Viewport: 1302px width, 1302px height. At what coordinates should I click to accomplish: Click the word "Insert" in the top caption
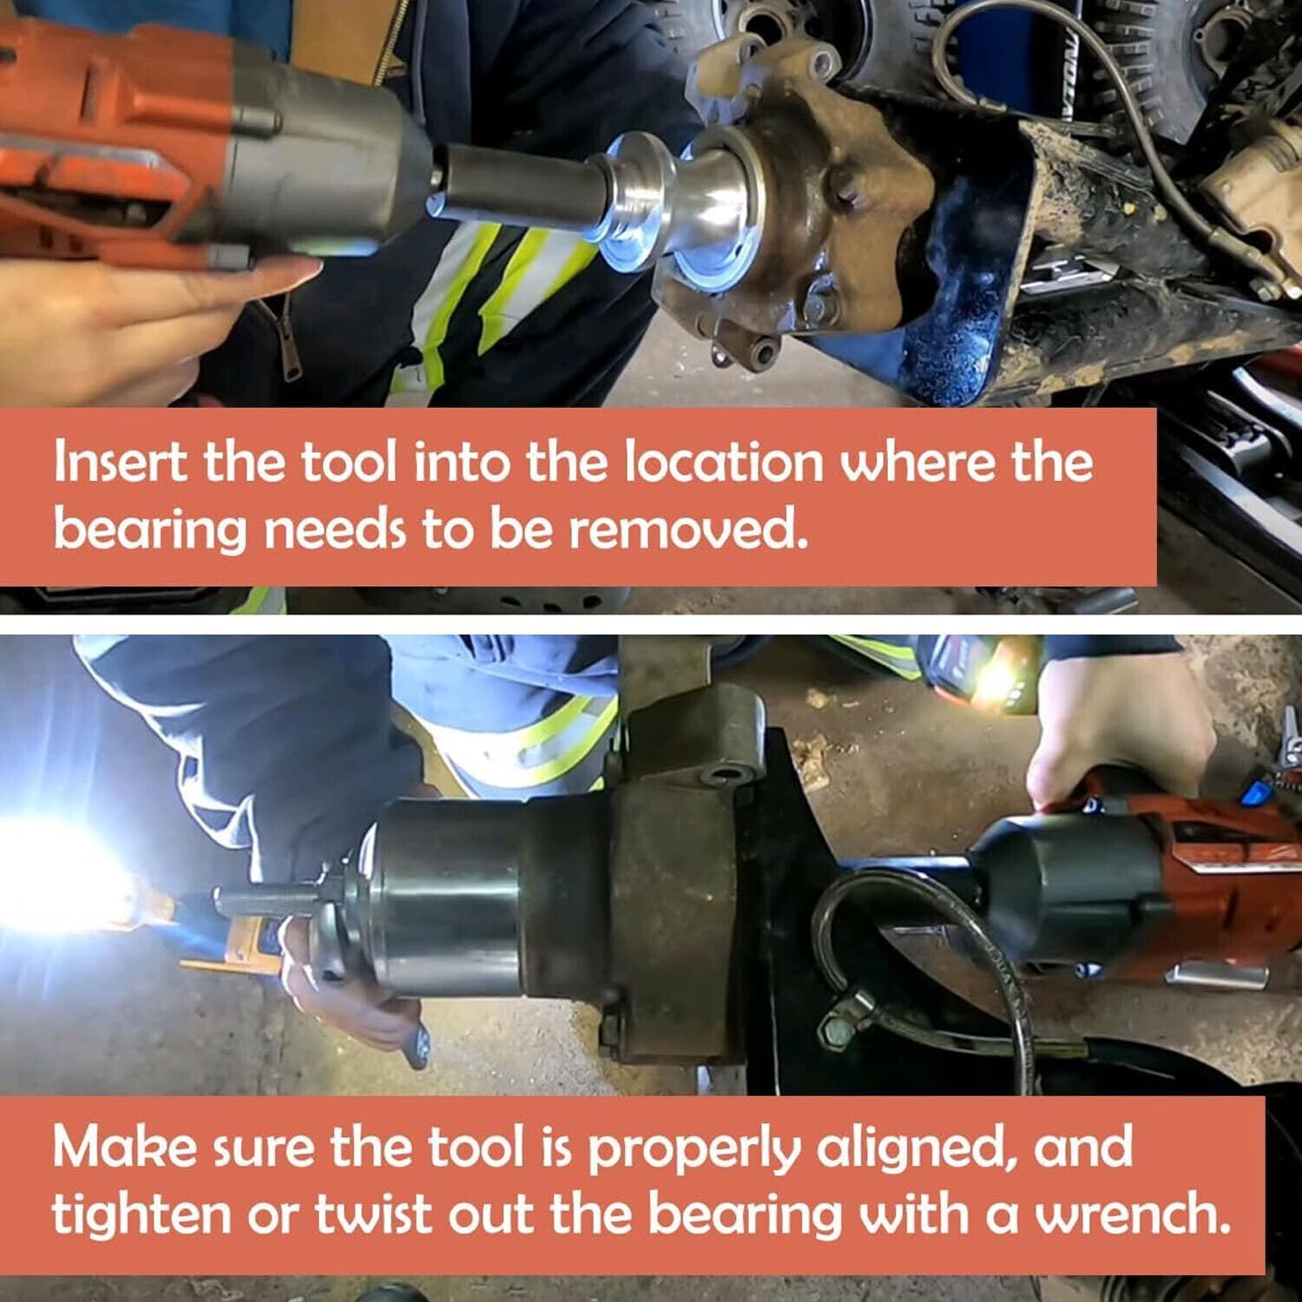coord(120,461)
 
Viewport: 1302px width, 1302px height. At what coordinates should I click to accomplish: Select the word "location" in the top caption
coord(724,461)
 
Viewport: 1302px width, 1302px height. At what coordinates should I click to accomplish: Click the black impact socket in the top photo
coord(521,189)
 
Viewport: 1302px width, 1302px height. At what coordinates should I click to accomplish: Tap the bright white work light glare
coord(61,877)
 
